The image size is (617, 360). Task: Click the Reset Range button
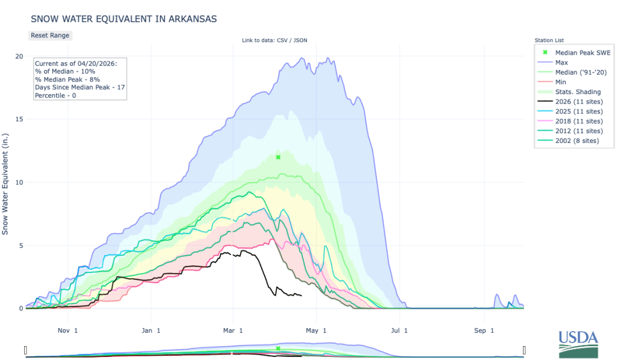coord(50,35)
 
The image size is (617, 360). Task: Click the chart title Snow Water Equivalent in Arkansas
coord(124,19)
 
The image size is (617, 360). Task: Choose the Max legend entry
coord(562,62)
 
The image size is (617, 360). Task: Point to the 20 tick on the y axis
coord(19,57)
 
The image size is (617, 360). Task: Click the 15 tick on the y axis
coord(19,119)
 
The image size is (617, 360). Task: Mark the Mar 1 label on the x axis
coord(232,330)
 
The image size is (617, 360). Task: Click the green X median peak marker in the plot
coord(278,157)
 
